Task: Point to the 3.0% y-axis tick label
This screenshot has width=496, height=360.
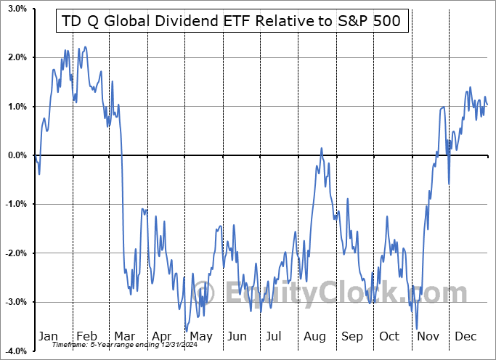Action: tap(17, 9)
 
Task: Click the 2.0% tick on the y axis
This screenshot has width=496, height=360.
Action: tap(17, 57)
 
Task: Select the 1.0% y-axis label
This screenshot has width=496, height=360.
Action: tap(17, 107)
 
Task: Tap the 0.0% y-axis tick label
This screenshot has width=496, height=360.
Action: tap(17, 155)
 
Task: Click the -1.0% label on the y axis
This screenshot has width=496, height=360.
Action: tap(15, 205)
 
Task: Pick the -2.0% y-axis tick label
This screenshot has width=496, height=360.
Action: tap(15, 253)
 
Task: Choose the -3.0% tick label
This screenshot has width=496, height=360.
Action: tap(15, 303)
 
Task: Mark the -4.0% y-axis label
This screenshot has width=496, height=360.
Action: tap(15, 351)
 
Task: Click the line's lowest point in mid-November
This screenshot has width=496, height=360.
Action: tap(417, 329)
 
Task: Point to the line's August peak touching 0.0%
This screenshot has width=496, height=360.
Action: tap(321, 148)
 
